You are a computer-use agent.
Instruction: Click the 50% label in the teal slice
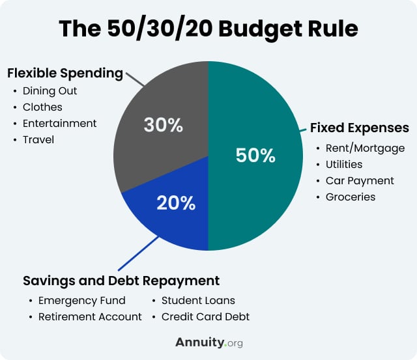click(255, 156)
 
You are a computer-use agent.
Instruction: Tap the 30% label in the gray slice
click(162, 125)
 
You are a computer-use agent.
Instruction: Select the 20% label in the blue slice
click(176, 203)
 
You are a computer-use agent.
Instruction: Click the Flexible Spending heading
click(65, 73)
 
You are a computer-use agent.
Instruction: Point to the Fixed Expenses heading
click(359, 127)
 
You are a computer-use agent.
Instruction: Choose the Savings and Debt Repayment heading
click(121, 281)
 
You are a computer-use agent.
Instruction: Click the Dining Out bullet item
click(49, 90)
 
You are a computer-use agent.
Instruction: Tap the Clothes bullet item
click(43, 107)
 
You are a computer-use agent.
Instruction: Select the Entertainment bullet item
click(59, 123)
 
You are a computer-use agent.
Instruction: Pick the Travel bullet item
click(38, 139)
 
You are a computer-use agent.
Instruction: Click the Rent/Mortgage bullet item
click(365, 148)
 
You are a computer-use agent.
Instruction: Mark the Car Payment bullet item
click(360, 180)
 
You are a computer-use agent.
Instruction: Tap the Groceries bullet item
click(351, 197)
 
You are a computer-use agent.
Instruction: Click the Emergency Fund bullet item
click(82, 301)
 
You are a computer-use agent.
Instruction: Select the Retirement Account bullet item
click(90, 317)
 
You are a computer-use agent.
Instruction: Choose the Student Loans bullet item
click(198, 301)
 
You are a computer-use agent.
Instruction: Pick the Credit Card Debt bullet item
click(205, 317)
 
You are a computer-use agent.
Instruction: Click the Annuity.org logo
click(208, 342)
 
